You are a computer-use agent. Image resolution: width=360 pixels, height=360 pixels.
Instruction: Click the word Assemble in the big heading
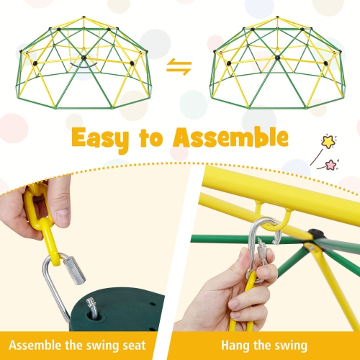[x=228, y=137]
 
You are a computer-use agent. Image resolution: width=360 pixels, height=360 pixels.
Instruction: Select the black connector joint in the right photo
[x=315, y=235]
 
